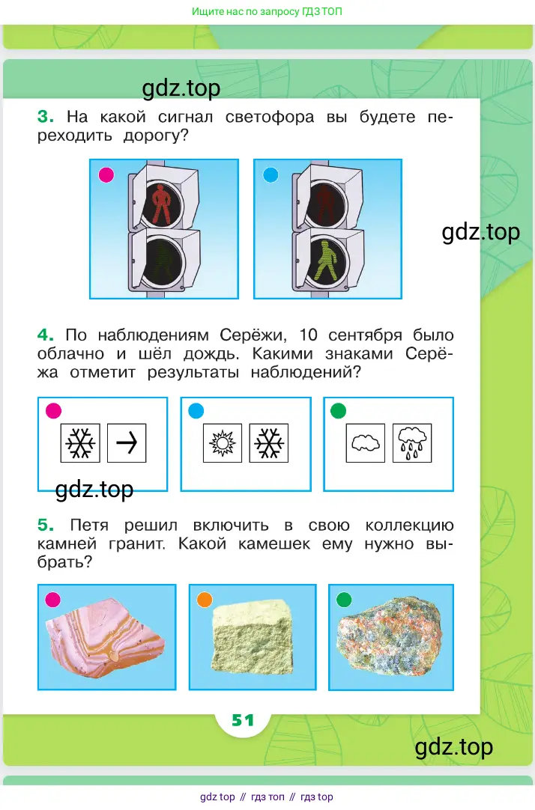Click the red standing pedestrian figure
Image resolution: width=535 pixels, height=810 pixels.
pyautogui.click(x=162, y=204)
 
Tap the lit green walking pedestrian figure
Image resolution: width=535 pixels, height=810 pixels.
pyautogui.click(x=326, y=260)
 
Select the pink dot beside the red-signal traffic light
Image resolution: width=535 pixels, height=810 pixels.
pyautogui.click(x=106, y=174)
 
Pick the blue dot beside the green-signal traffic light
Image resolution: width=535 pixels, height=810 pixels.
pyautogui.click(x=270, y=174)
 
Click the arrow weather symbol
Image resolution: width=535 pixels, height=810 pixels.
pyautogui.click(x=127, y=442)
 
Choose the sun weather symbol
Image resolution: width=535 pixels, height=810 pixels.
pyautogui.click(x=223, y=442)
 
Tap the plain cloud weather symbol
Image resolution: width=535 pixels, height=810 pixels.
pyautogui.click(x=365, y=443)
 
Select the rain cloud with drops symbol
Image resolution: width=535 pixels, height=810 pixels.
pyautogui.click(x=412, y=442)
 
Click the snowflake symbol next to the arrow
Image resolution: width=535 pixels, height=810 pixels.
pyautogui.click(x=80, y=442)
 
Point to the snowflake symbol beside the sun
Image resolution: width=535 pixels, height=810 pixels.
pyautogui.click(x=269, y=442)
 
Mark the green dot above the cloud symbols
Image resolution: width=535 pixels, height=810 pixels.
pyautogui.click(x=338, y=411)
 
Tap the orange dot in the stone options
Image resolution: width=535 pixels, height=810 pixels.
pyautogui.click(x=205, y=600)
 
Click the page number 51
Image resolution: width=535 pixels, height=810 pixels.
pyautogui.click(x=243, y=720)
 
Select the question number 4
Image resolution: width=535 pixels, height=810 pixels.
pyautogui.click(x=46, y=335)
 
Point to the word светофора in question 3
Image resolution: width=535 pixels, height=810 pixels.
pyautogui.click(x=269, y=118)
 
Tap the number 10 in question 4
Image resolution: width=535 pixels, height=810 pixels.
pyautogui.click(x=309, y=335)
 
